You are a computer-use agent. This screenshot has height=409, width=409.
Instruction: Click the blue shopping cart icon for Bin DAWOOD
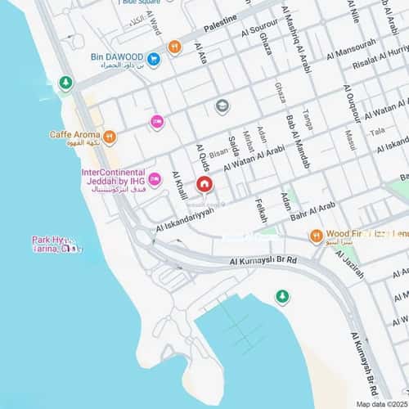point(153,58)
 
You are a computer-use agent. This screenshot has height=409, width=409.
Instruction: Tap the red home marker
point(204,185)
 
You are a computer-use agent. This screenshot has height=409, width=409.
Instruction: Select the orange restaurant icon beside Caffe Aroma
point(109,137)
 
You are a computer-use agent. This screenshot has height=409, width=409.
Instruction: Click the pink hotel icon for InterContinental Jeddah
point(155,179)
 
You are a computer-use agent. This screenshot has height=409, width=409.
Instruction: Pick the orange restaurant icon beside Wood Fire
point(316,236)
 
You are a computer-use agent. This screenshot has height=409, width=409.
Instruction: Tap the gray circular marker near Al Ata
point(222,106)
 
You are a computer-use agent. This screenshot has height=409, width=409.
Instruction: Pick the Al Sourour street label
point(260,29)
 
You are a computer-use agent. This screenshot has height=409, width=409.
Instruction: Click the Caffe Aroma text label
point(74,134)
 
